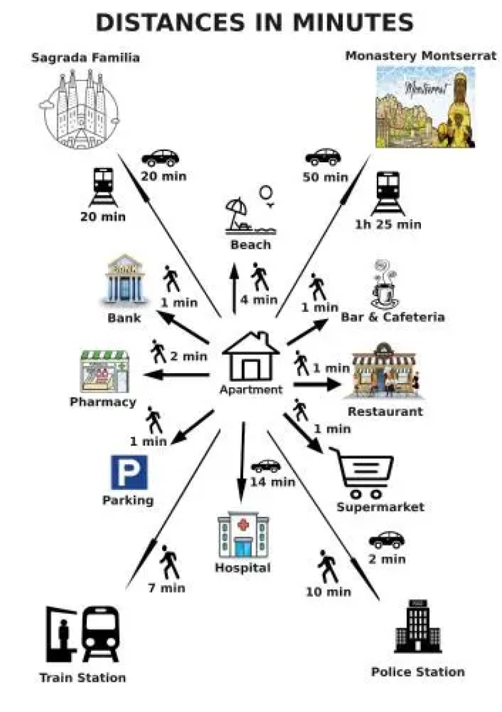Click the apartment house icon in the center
pos(251,357)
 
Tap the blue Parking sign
pos(129,472)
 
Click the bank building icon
pos(125,280)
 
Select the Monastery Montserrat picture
pos(426,107)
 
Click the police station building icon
pos(418,626)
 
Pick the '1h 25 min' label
pos(388,224)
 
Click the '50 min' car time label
pos(325,177)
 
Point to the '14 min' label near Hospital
pos(273,482)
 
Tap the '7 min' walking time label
pos(167,588)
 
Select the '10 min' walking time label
pos(328,591)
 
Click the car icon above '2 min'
pos(386,540)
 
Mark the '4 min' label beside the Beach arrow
pos(259,300)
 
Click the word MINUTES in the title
pos(353,22)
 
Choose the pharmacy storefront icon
pos(105,371)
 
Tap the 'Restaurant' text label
pos(385,412)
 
